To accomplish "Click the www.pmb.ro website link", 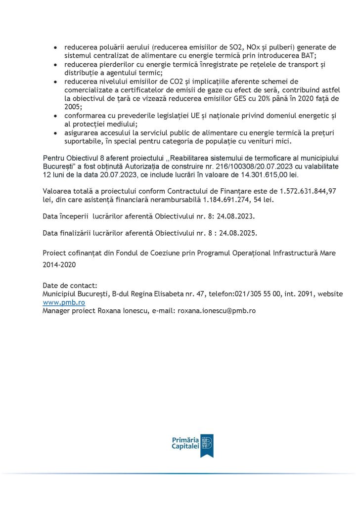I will pos(64,302).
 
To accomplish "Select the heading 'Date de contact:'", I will pos(70,285).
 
